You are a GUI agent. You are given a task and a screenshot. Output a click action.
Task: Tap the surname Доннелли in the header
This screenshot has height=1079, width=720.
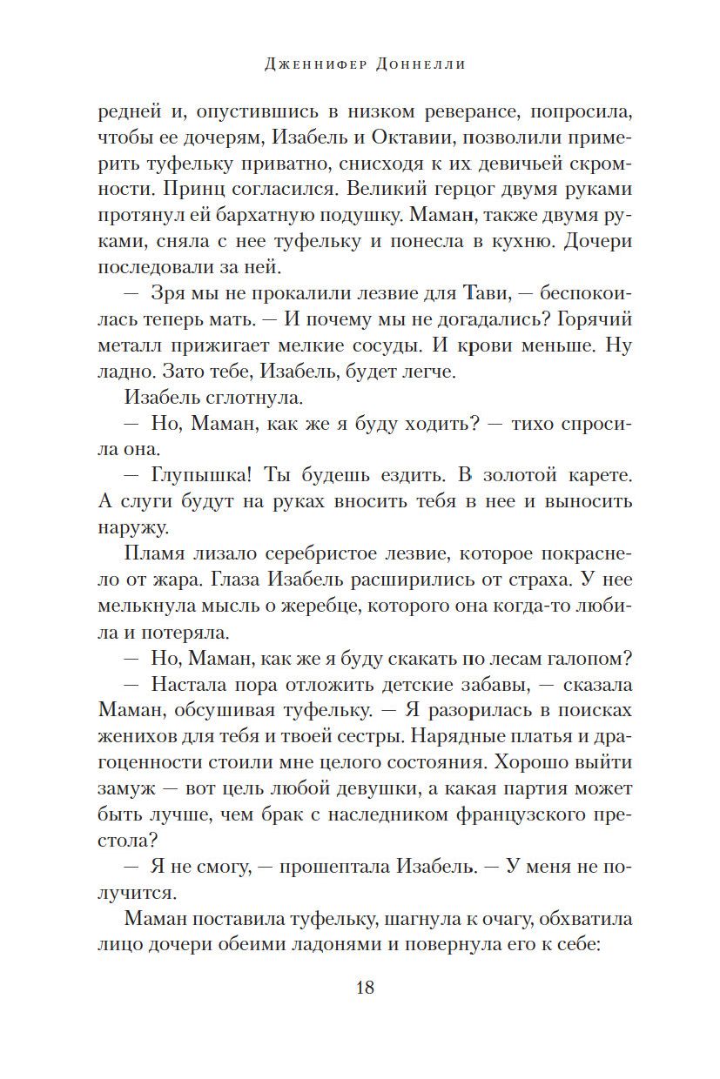tap(425, 64)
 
